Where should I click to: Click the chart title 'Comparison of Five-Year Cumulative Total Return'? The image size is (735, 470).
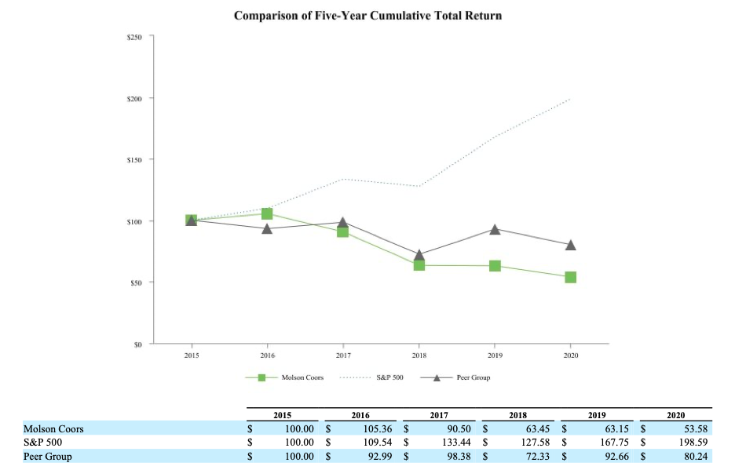[367, 16]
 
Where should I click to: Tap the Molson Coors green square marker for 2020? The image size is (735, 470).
[570, 277]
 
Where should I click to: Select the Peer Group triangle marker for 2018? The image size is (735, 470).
[419, 255]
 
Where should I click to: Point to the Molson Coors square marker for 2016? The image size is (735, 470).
[267, 213]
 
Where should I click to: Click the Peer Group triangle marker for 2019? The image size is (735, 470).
[495, 230]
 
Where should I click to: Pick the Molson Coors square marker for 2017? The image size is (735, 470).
[343, 231]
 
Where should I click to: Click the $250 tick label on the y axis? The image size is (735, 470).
[134, 37]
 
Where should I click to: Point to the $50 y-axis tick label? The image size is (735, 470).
[136, 282]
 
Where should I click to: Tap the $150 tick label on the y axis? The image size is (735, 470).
[134, 160]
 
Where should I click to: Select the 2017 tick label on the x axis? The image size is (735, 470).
[343, 355]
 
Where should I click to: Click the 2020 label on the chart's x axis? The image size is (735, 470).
[570, 355]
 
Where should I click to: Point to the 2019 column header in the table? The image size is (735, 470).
[597, 414]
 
